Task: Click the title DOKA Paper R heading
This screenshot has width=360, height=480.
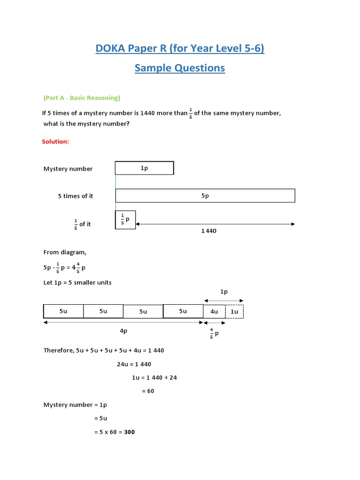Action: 180,48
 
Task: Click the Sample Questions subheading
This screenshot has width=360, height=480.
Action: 180,68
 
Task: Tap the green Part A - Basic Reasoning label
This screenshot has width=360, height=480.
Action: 82,98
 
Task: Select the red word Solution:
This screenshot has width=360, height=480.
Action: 55,142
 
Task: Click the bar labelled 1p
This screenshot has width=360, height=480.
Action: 144,168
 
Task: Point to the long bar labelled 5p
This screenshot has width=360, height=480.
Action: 205,196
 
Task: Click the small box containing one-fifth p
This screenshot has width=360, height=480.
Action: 125,220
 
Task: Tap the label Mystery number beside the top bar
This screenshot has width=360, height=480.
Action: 68,169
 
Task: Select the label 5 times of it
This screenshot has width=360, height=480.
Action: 75,196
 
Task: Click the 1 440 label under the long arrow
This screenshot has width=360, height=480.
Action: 209,231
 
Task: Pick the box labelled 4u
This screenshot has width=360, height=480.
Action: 214,311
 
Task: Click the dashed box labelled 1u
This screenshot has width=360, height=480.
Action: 234,311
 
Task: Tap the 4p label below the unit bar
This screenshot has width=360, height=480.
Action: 123,330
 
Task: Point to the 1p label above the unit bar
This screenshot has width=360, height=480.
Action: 224,292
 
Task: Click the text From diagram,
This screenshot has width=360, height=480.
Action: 65,252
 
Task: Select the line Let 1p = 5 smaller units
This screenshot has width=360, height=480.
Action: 77,282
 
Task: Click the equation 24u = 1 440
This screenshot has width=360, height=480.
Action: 134,364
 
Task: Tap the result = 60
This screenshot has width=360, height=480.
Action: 148,391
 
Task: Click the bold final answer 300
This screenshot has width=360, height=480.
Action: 129,432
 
